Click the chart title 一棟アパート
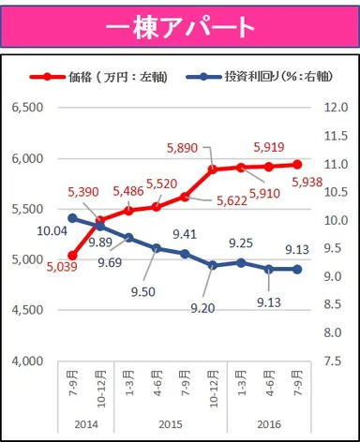pyautogui.click(x=179, y=26)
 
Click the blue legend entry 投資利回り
pyautogui.click(x=252, y=77)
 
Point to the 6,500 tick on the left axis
pyautogui.click(x=27, y=108)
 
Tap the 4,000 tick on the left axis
pyautogui.click(x=27, y=361)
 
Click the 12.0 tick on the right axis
pyautogui.click(x=337, y=108)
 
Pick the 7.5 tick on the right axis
pyautogui.click(x=337, y=361)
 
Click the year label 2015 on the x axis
pyautogui.click(x=172, y=423)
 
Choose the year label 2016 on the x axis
pyautogui.click(x=271, y=423)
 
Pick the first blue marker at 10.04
pyautogui.click(x=73, y=218)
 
